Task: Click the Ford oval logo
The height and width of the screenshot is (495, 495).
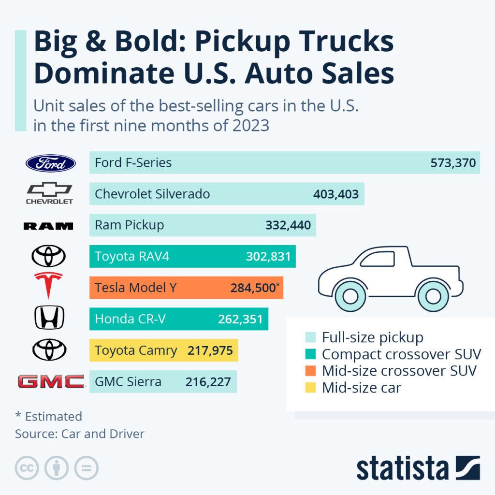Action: click(50, 163)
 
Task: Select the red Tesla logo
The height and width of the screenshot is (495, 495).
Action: click(48, 285)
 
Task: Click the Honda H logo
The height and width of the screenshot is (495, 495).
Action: click(49, 318)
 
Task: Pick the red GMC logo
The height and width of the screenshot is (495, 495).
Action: click(51, 381)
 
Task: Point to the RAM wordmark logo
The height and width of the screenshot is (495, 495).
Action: click(48, 226)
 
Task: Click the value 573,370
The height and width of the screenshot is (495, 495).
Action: click(453, 163)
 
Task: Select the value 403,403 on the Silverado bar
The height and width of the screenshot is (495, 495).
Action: click(335, 194)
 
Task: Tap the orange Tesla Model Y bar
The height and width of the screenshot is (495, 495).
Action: click(186, 288)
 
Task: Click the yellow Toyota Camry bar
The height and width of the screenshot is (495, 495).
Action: click(164, 350)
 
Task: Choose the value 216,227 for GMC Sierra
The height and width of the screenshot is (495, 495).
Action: click(208, 382)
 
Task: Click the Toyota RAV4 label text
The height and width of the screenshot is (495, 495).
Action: click(132, 256)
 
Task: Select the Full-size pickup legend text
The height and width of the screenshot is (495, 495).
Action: click(372, 337)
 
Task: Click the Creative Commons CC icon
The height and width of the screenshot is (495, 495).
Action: click(27, 468)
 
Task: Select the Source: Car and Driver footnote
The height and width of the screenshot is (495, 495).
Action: click(80, 434)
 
